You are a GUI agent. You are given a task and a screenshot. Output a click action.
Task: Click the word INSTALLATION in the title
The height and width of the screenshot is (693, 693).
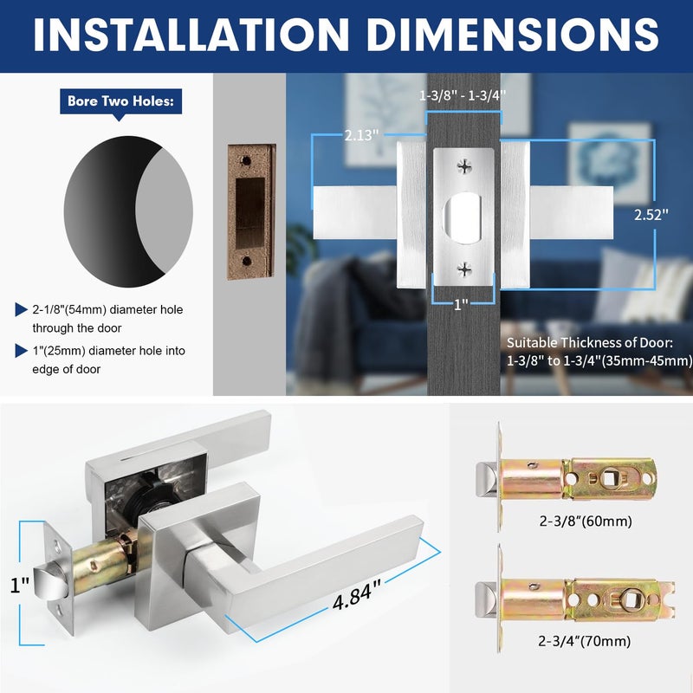(191, 35)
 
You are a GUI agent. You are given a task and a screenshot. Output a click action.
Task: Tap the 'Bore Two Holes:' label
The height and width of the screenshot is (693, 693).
(120, 101)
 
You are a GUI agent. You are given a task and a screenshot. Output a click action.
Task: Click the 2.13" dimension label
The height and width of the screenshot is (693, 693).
(361, 135)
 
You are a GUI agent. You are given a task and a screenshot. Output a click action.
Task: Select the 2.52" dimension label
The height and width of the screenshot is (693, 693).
(651, 215)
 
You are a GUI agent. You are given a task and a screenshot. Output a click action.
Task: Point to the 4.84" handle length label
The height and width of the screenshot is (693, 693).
(356, 595)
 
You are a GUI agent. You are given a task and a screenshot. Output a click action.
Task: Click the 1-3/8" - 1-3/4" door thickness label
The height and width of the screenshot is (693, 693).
(463, 95)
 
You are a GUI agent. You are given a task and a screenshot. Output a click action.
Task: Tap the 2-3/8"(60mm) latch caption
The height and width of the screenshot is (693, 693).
(586, 521)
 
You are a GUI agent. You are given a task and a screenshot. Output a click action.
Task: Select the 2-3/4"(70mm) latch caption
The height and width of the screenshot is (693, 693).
(584, 641)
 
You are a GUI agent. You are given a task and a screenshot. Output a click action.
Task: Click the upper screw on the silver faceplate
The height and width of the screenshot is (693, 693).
(464, 166)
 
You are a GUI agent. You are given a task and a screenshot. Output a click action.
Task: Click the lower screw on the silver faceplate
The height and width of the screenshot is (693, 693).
(464, 269)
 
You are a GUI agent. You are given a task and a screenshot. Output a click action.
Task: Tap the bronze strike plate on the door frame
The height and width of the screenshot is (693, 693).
(251, 211)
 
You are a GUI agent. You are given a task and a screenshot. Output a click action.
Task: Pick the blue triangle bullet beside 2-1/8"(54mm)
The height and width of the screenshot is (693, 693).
(21, 309)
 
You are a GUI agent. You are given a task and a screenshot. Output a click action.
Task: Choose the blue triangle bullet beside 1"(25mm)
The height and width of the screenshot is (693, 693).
(21, 351)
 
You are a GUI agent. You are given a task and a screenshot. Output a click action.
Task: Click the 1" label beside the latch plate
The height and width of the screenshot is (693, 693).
(19, 585)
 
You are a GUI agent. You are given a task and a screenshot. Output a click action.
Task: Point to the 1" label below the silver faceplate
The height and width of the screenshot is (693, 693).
(461, 304)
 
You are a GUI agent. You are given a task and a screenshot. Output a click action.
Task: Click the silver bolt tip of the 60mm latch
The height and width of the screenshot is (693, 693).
(487, 479)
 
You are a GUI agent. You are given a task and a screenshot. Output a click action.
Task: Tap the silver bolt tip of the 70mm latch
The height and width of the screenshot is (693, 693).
(487, 599)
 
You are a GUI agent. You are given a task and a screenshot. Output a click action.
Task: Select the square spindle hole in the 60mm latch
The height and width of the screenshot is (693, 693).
(611, 478)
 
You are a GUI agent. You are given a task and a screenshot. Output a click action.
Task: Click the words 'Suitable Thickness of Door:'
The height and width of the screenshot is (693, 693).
(590, 342)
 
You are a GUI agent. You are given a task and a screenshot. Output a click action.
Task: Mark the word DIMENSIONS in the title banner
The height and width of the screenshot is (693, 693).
(513, 35)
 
